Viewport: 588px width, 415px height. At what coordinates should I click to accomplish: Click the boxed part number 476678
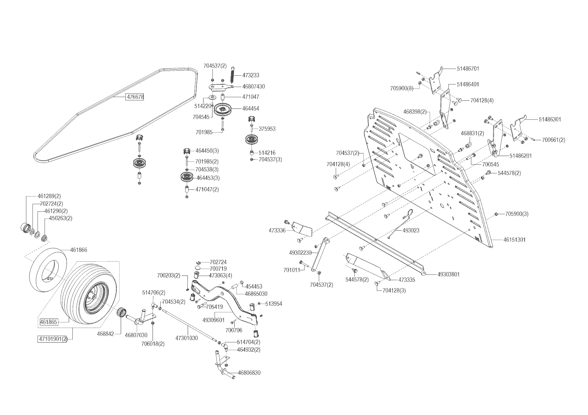coord(135,97)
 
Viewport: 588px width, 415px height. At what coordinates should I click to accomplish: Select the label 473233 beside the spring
coord(251,76)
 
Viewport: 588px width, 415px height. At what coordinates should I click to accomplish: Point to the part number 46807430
coord(253,87)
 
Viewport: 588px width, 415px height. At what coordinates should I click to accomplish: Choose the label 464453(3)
coord(208,178)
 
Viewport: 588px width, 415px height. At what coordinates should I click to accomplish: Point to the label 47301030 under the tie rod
coord(186,338)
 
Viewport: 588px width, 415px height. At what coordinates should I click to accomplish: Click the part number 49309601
coord(214,320)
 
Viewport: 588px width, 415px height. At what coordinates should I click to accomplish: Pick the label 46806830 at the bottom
coord(249,373)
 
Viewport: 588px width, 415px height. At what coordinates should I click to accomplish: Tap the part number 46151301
coord(515,240)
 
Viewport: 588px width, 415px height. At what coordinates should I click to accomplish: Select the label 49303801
coord(449,274)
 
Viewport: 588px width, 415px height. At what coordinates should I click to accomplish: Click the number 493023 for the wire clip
coord(411,231)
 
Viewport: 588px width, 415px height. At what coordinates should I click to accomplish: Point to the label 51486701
coord(468,69)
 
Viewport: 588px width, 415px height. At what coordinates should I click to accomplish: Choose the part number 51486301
coord(550,119)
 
